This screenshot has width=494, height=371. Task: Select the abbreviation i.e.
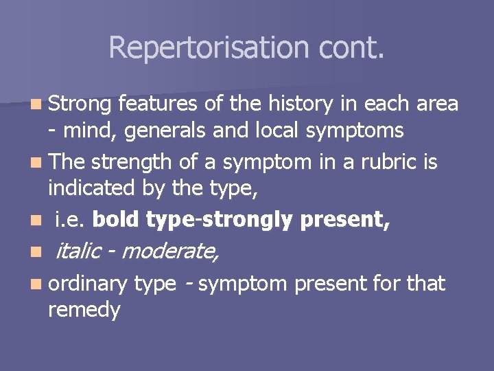coord(70,220)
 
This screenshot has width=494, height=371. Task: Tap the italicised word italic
coord(78,251)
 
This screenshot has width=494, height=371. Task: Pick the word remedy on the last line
coord(84,310)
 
